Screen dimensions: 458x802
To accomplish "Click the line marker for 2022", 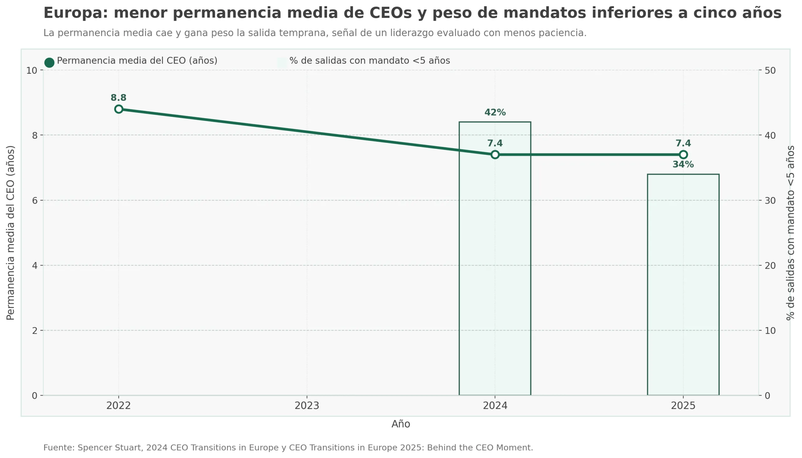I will pos(118,109).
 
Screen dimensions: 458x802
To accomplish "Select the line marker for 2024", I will pos(495,154).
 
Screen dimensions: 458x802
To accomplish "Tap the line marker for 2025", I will pos(683,154).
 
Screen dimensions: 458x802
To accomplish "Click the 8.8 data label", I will pos(118,98).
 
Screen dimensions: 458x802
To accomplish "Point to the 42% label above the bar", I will pos(495,112).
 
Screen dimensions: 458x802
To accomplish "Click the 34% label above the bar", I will pos(683,164).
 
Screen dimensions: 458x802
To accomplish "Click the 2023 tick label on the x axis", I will pos(307,406).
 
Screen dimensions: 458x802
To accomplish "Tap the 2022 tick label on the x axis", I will pos(118,406).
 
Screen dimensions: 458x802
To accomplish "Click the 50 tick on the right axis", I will pos(770,70).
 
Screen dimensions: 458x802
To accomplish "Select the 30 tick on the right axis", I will pos(770,200).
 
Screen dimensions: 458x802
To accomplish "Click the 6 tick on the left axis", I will pos(34,200).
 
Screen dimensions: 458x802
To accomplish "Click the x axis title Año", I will pos(400,424).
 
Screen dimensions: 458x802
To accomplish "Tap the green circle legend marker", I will pos(49,62).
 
